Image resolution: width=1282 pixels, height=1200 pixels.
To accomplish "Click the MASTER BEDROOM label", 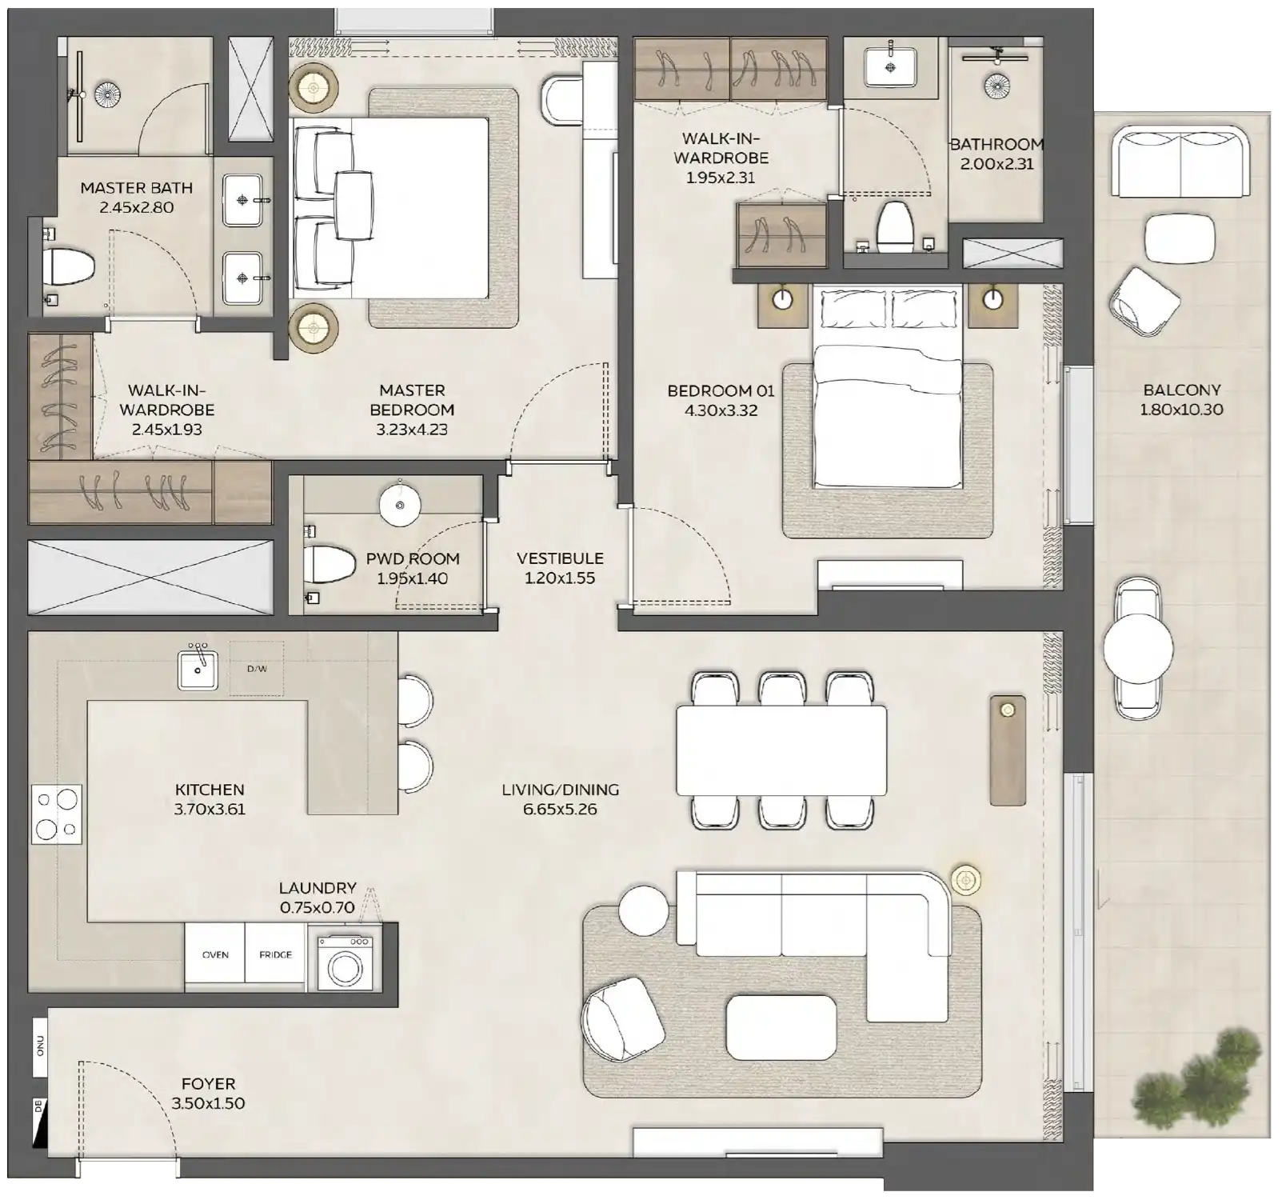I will (412, 400).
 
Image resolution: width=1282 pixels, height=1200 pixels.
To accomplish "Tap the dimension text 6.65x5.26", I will (560, 810).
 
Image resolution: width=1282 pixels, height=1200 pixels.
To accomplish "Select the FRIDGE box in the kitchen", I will (275, 954).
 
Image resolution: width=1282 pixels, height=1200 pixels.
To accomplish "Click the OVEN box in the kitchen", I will (215, 954).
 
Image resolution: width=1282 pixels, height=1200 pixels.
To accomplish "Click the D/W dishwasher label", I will (257, 669).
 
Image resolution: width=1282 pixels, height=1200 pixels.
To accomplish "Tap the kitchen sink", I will (198, 670).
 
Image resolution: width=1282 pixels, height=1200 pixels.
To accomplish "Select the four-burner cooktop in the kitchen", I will (56, 814).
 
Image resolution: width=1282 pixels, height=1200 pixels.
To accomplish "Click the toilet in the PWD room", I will (329, 565).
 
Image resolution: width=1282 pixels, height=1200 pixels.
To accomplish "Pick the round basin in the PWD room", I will (399, 506).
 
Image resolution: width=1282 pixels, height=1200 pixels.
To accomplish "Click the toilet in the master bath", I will (67, 266).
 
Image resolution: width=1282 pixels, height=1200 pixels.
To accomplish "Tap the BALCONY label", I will (1181, 390).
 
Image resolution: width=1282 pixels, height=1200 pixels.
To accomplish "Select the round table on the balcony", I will (1137, 649).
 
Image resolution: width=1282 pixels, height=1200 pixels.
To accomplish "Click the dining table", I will (781, 750).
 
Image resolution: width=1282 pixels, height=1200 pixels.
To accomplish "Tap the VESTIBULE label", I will (560, 558).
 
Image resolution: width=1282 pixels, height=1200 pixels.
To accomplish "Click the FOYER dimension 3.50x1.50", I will (208, 1104).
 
